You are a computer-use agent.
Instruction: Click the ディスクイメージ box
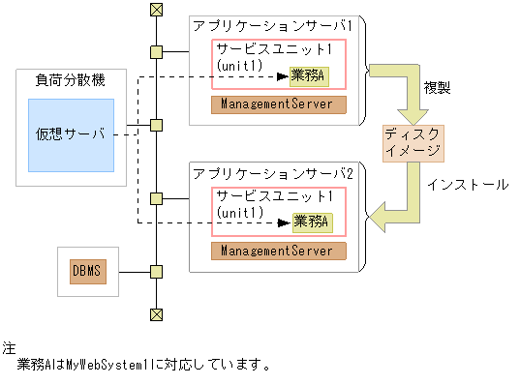point(413,143)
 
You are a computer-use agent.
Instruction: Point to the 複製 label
point(437,88)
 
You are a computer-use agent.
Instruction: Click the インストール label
point(468,184)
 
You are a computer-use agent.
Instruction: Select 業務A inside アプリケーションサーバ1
point(309,74)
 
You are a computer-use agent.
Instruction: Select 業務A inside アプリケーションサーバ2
point(309,222)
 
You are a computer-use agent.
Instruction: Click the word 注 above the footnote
point(9,346)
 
